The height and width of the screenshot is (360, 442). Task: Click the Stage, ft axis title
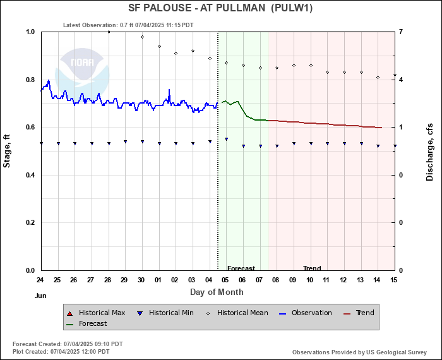pyautogui.click(x=8, y=151)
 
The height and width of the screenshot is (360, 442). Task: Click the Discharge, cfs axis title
pyautogui.click(x=429, y=151)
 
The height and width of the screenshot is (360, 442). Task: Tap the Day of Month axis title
pyautogui.click(x=217, y=292)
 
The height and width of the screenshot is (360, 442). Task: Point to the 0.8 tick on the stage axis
pyautogui.click(x=30, y=80)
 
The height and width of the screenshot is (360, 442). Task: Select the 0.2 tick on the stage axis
pyautogui.click(x=30, y=223)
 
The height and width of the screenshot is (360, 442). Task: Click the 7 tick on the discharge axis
pyautogui.click(x=401, y=32)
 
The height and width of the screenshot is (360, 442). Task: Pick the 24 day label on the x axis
pyautogui.click(x=40, y=279)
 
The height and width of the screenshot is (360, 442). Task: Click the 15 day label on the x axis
pyautogui.click(x=394, y=279)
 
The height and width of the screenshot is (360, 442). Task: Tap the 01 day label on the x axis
pyautogui.click(x=158, y=279)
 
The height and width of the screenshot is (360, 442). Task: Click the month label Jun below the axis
pyautogui.click(x=40, y=295)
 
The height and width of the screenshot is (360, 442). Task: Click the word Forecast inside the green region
pyautogui.click(x=241, y=268)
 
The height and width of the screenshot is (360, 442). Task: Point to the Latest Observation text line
pyautogui.click(x=129, y=25)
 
